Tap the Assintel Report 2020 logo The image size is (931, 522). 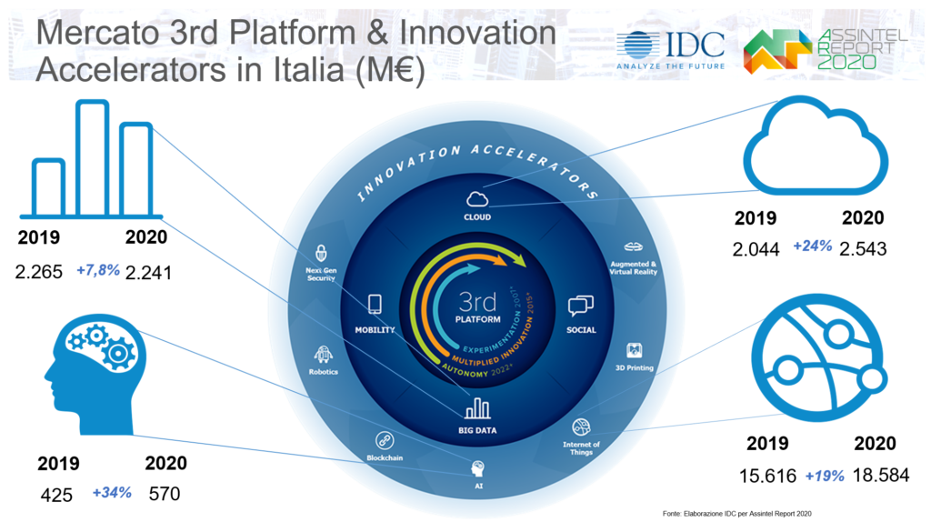pyautogui.click(x=826, y=51)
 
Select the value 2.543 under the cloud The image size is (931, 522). pyautogui.click(x=863, y=248)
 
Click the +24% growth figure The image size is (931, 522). pyautogui.click(x=812, y=246)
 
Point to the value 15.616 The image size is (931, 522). pyautogui.click(x=767, y=476)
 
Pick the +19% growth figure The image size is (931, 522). pyautogui.click(x=824, y=476)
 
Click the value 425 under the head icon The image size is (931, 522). pyautogui.click(x=56, y=495)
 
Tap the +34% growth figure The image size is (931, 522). pyautogui.click(x=112, y=492)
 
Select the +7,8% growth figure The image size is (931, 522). pyautogui.click(x=98, y=271)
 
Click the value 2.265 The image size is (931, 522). pyautogui.click(x=38, y=272)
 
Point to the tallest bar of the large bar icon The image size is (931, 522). pyautogui.click(x=93, y=158)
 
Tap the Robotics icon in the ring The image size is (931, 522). pyautogui.click(x=323, y=355)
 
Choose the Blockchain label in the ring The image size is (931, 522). pyautogui.click(x=385, y=457)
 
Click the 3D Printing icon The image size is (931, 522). pyautogui.click(x=634, y=350)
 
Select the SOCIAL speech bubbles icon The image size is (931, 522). pyautogui.click(x=581, y=306)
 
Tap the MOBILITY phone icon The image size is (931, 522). pyautogui.click(x=375, y=304)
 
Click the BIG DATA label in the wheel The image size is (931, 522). pyautogui.click(x=477, y=430)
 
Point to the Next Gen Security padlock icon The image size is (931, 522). pyautogui.click(x=321, y=254)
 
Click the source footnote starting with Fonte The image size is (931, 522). pyautogui.click(x=736, y=514)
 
